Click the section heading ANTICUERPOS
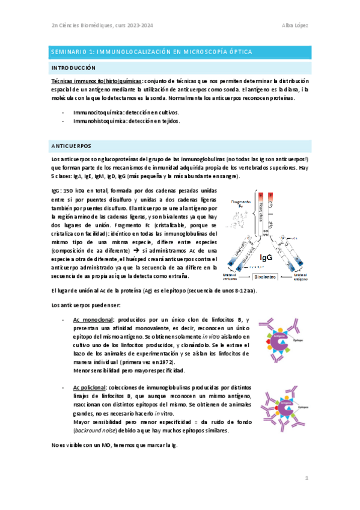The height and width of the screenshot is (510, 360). (72, 146)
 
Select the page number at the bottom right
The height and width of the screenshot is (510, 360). (306, 478)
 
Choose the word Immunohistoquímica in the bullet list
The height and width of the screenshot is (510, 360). (98, 120)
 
